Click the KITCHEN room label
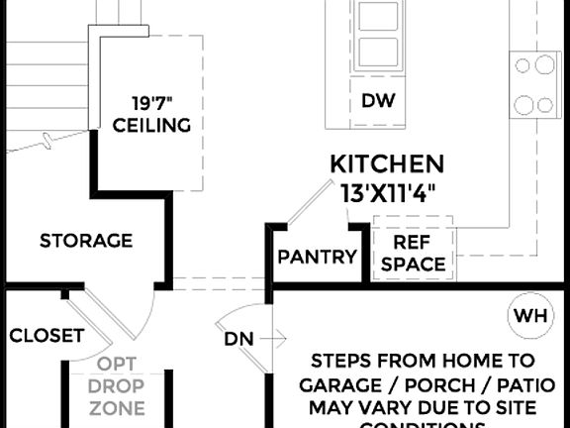(387, 163)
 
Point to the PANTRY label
(317, 258)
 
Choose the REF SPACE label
(413, 253)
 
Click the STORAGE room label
(86, 241)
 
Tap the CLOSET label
(47, 336)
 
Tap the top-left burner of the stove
(522, 65)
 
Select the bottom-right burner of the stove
(545, 104)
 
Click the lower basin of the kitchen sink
(376, 52)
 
